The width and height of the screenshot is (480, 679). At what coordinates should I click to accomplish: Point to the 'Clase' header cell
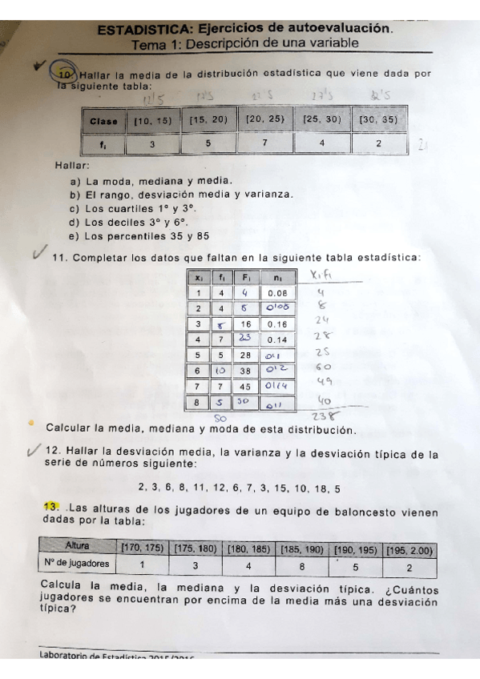pyautogui.click(x=104, y=121)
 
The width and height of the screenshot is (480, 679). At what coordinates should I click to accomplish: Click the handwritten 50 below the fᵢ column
pyautogui.click(x=220, y=417)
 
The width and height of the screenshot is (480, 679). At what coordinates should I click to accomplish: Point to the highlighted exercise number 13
pyautogui.click(x=51, y=507)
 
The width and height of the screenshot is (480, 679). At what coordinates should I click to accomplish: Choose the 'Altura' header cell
pyautogui.click(x=78, y=546)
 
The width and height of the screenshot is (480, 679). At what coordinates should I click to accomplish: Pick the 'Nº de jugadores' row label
pyautogui.click(x=78, y=564)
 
